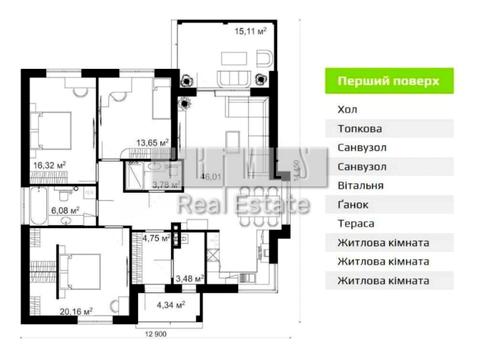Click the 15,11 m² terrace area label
250,31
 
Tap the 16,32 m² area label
48,165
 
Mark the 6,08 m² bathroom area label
78,211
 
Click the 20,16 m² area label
76,312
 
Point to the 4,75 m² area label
156,239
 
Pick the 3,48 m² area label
189,279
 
